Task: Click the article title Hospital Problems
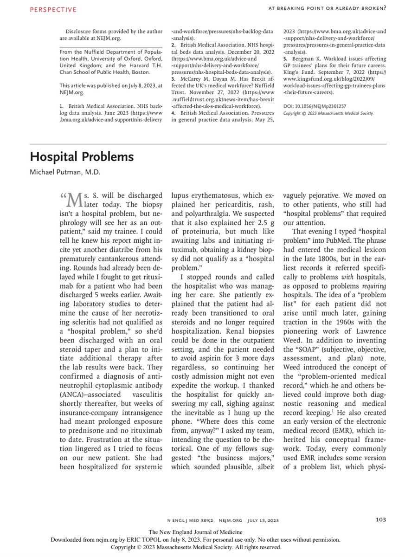pyautogui.click(x=82, y=157)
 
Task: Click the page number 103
pyautogui.click(x=381, y=520)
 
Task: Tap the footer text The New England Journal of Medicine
pyautogui.click(x=202, y=532)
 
